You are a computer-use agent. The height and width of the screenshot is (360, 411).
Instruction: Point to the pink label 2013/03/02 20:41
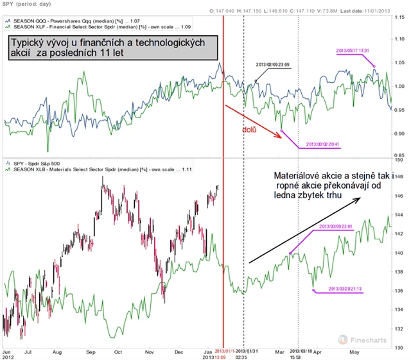coord(322,144)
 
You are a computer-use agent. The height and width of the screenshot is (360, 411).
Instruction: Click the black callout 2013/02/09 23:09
coord(273,65)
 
